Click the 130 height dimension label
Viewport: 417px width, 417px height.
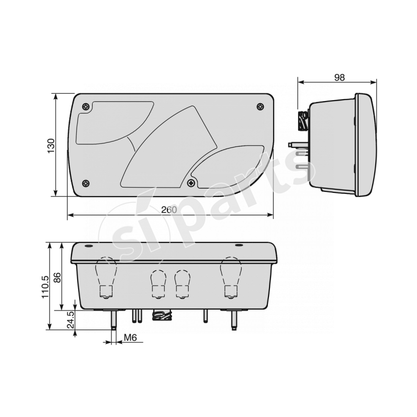click(51, 145)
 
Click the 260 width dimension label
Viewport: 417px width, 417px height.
click(169, 210)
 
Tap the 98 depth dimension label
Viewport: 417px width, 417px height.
click(339, 77)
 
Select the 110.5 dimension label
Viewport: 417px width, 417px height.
click(45, 287)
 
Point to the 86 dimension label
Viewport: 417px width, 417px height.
click(57, 277)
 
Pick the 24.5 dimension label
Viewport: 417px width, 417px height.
click(70, 320)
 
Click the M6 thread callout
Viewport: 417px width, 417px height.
click(130, 338)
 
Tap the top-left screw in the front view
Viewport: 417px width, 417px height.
click(85, 107)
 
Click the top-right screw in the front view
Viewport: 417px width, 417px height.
click(260, 107)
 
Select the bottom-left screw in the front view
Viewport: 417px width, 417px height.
click(85, 183)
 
